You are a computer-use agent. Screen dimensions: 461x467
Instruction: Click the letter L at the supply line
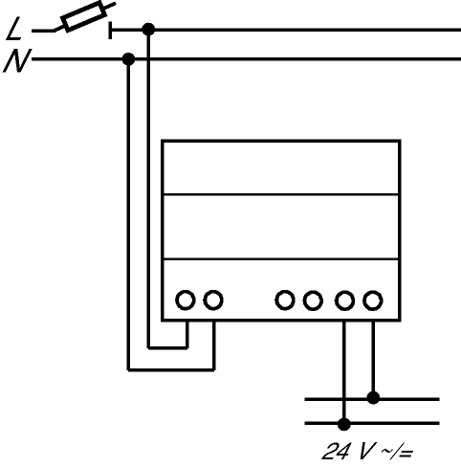(13, 29)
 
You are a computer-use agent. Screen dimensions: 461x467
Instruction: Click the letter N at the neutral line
(17, 60)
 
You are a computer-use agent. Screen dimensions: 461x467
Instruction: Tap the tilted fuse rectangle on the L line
(84, 16)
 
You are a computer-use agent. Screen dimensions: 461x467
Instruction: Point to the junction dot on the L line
(148, 30)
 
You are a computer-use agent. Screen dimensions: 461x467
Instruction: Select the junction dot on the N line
(128, 59)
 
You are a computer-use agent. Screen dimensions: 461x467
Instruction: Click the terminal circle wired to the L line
(186, 300)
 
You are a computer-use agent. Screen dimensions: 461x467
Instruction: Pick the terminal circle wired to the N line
(213, 300)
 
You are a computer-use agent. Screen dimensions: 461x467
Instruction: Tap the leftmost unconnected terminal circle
(285, 300)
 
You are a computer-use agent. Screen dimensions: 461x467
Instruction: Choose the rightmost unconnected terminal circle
(313, 300)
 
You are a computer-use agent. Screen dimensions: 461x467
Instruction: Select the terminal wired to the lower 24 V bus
(344, 300)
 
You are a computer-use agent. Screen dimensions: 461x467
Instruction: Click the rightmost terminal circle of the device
(373, 300)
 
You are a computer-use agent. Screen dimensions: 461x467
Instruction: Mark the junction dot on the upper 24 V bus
(373, 398)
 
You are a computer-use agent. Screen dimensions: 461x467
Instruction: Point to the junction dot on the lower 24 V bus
(343, 424)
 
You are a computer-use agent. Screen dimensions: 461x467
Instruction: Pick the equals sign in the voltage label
(406, 453)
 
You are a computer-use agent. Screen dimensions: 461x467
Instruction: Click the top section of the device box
(281, 167)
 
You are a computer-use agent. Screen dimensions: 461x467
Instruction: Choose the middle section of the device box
(281, 227)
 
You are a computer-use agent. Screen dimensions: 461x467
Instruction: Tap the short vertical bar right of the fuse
(110, 31)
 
